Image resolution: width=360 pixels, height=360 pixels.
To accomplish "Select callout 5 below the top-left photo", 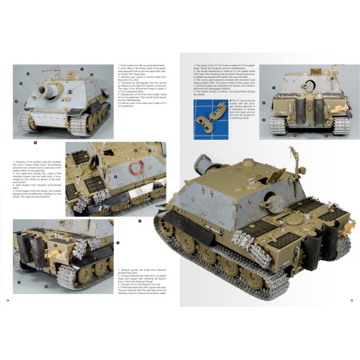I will [35, 142].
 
